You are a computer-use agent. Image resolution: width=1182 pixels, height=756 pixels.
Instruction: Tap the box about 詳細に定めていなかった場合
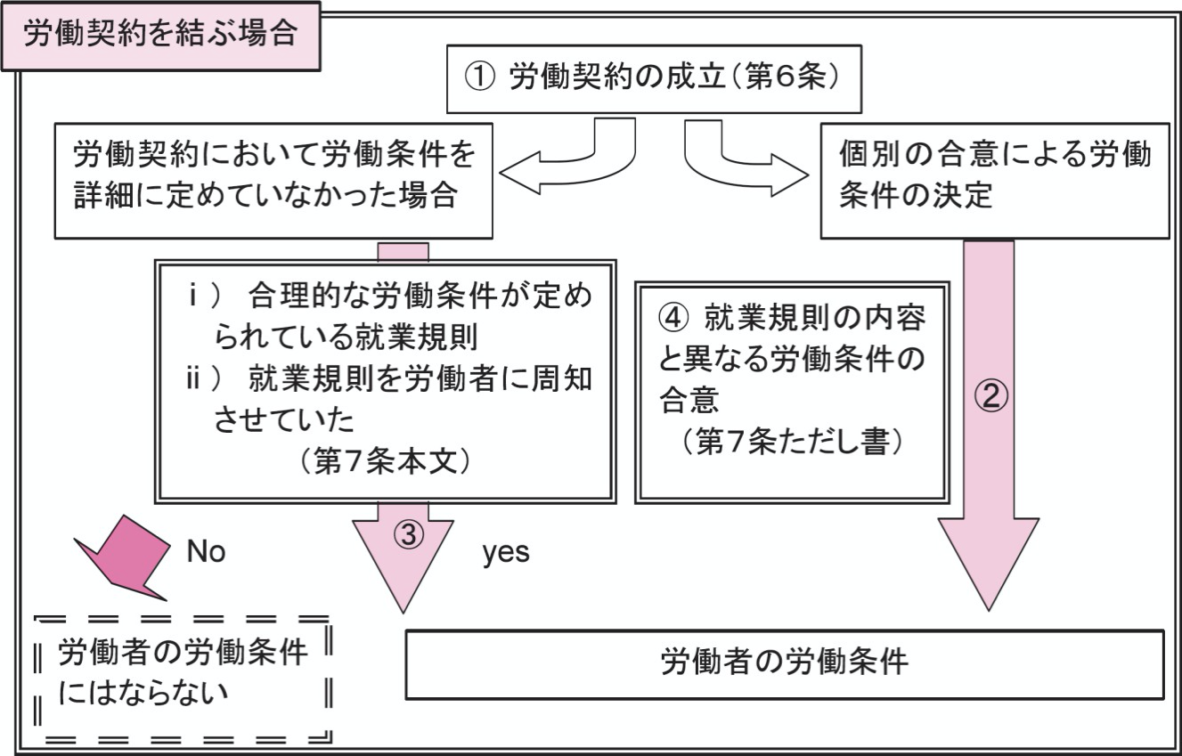click(x=273, y=183)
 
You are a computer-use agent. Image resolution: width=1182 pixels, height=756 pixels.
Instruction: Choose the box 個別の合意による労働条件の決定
click(x=993, y=183)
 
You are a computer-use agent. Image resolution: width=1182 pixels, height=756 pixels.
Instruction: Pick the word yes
click(x=506, y=553)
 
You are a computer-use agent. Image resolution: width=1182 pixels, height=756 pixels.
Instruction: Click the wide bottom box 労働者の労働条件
click(x=784, y=663)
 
